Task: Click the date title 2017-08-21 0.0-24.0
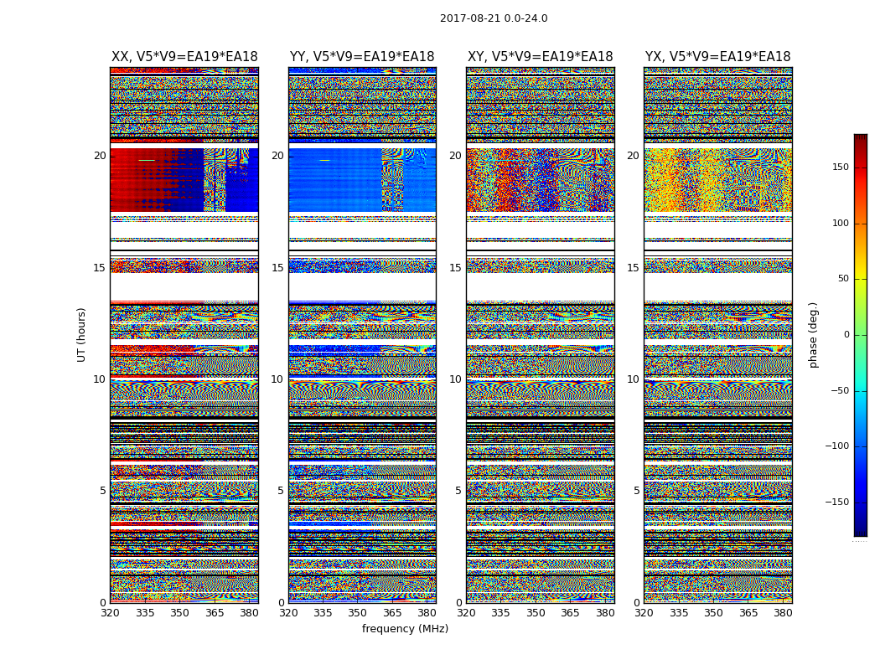point(494,18)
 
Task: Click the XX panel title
point(184,57)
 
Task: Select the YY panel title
point(362,57)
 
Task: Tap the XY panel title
point(540,57)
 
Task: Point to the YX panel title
point(717,57)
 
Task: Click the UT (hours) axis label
point(82,334)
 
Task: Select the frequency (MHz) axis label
point(405,629)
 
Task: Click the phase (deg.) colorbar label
point(813,335)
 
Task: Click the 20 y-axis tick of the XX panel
point(100,156)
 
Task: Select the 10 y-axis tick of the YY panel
point(277,379)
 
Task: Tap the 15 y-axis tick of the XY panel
point(455,268)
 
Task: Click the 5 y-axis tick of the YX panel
point(636,491)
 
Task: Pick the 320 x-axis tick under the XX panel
point(110,613)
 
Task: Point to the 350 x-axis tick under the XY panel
point(536,613)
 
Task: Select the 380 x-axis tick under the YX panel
point(783,613)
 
